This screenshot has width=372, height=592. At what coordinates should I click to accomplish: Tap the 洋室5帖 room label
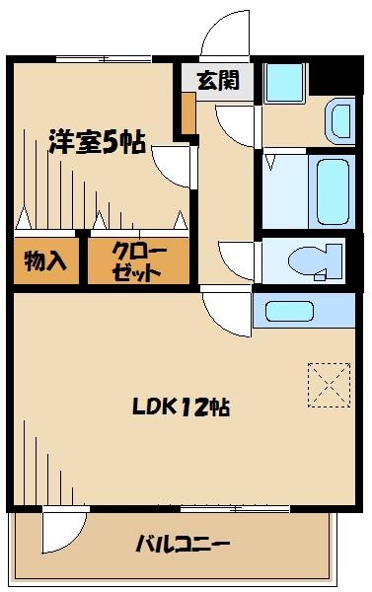pyautogui.click(x=97, y=143)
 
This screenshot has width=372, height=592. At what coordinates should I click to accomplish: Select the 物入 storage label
pyautogui.click(x=45, y=261)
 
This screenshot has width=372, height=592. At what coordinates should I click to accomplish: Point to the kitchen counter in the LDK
pyautogui.click(x=304, y=310)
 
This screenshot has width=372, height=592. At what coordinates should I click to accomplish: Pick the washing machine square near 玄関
pyautogui.click(x=285, y=81)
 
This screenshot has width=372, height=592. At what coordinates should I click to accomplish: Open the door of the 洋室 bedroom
pyautogui.click(x=173, y=169)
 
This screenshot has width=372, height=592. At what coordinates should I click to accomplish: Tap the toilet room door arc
pyautogui.click(x=236, y=259)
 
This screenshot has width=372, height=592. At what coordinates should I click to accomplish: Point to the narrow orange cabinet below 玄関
pyautogui.click(x=187, y=114)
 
